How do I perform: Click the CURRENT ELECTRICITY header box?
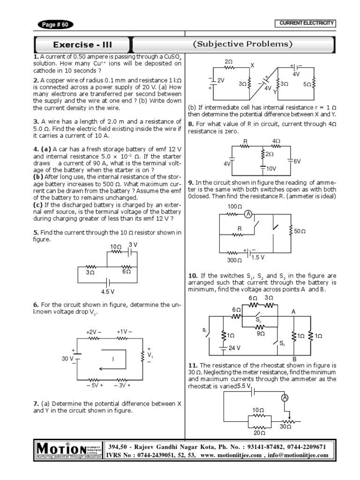click(307, 23)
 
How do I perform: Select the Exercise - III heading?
click(82, 45)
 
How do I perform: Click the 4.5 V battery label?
click(108, 291)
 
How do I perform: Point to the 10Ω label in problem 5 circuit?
click(115, 247)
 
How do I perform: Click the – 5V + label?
click(94, 386)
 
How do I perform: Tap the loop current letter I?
click(113, 359)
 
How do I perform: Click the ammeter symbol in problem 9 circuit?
click(249, 214)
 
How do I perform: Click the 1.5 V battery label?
click(258, 257)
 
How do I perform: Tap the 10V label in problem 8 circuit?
click(271, 168)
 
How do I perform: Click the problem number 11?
click(191, 365)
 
